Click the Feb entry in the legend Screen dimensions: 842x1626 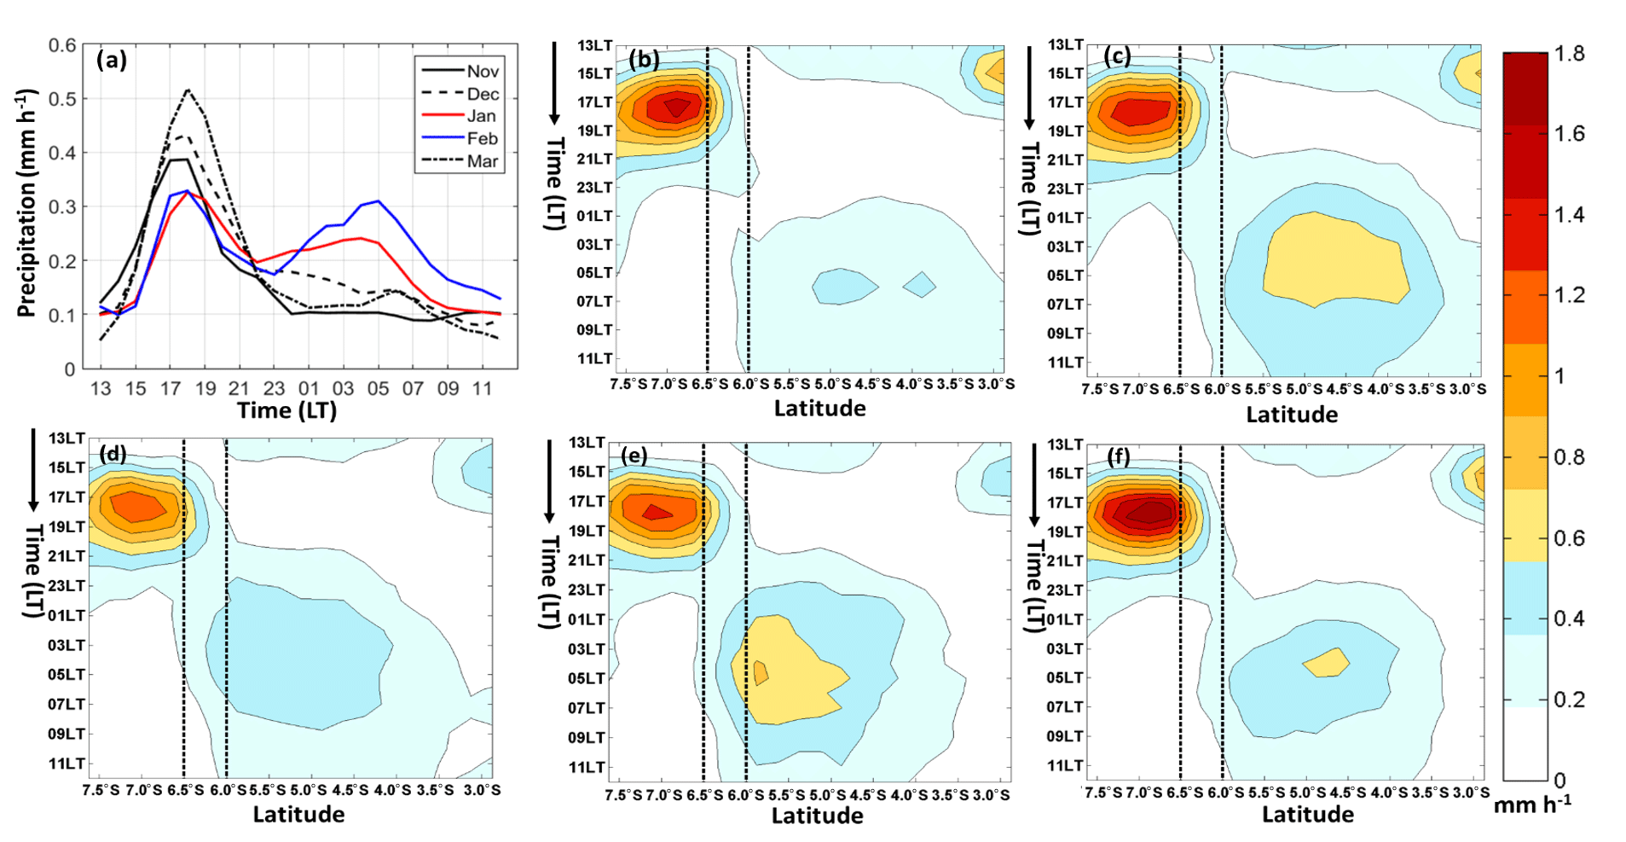click(482, 138)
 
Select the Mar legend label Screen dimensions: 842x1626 click(482, 161)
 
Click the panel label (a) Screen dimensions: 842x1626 click(112, 60)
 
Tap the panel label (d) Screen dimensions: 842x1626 click(113, 453)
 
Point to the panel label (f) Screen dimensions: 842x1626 click(1119, 457)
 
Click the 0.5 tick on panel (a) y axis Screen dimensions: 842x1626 click(62, 99)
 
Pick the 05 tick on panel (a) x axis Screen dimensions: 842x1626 click(378, 389)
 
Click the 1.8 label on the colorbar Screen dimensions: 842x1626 click(1569, 54)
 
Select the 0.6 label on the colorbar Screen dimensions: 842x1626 click(1569, 538)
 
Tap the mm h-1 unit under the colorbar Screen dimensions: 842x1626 click(1532, 804)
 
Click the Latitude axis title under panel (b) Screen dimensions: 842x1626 click(819, 409)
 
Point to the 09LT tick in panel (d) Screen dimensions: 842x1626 click(67, 734)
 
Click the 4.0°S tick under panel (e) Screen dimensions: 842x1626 click(908, 795)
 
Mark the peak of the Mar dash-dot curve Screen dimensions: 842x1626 click(188, 90)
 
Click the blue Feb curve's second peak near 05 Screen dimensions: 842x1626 click(378, 201)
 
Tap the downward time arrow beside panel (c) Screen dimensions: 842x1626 click(1029, 85)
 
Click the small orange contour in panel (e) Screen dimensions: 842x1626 click(761, 672)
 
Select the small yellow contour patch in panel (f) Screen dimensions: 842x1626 click(1327, 662)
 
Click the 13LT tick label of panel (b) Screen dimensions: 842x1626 click(594, 45)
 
